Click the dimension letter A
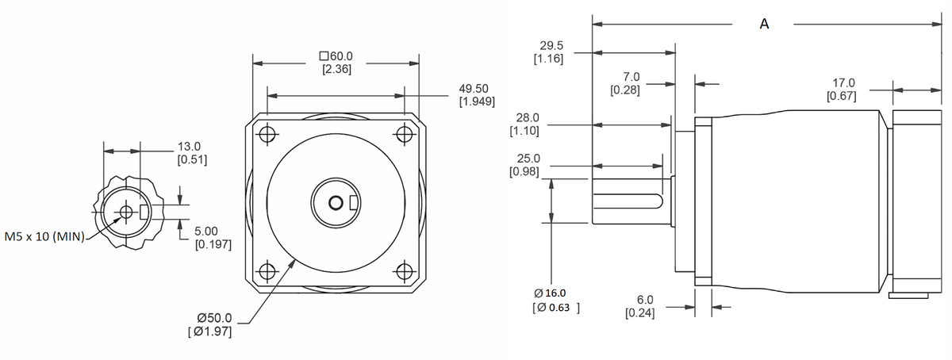pyautogui.click(x=764, y=24)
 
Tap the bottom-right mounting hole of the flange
pyautogui.click(x=405, y=271)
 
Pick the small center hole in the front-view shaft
pyautogui.click(x=336, y=204)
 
